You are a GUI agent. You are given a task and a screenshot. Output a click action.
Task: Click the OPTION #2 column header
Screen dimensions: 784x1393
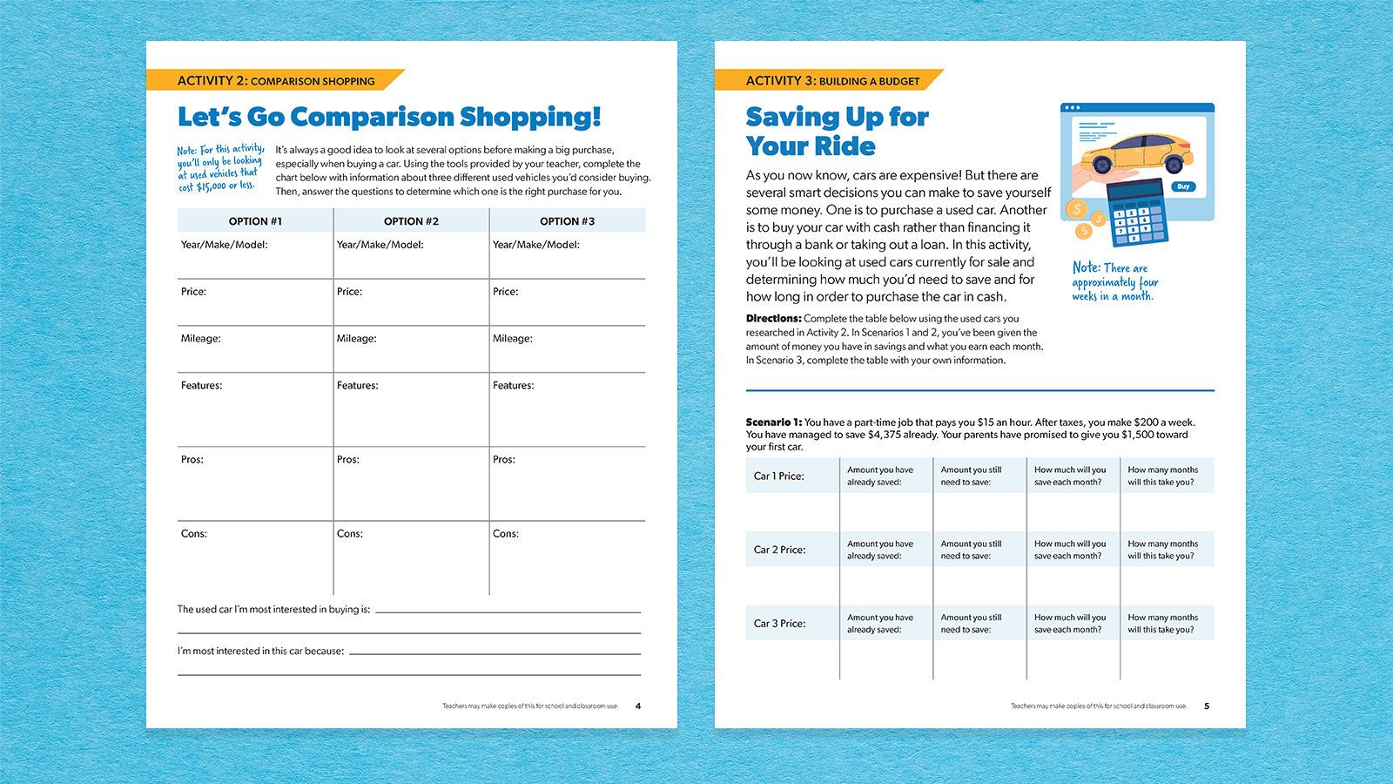[411, 221]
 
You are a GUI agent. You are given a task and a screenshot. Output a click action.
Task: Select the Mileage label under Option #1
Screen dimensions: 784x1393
[201, 339]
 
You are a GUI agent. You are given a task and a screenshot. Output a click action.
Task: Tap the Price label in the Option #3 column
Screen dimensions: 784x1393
[506, 292]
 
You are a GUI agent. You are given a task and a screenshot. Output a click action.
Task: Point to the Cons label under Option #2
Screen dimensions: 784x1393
[350, 534]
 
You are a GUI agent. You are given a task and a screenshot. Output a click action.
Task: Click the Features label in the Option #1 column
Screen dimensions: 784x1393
[202, 386]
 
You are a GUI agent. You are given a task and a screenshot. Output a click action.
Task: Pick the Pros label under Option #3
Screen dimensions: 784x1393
[504, 460]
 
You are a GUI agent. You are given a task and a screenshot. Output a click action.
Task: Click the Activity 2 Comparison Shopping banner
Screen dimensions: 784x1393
[276, 81]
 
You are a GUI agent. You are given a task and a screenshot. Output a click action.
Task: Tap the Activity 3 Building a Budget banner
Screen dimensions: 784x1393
[831, 81]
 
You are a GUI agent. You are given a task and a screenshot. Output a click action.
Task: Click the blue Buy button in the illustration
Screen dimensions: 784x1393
[1183, 186]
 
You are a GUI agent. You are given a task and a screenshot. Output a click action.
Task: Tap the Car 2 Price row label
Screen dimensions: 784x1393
[779, 551]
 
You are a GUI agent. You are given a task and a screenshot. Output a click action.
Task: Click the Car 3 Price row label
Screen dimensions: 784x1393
[779, 624]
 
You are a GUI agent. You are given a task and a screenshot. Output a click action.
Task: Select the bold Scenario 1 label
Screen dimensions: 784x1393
[774, 422]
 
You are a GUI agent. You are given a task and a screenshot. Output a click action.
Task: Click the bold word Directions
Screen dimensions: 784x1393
[773, 319]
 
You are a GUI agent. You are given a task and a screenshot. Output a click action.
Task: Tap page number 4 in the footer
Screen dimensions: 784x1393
[638, 706]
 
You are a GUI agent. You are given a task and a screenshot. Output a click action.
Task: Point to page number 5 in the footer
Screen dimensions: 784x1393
[1207, 706]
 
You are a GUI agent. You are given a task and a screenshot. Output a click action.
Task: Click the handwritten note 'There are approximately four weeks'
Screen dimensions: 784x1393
[1114, 281]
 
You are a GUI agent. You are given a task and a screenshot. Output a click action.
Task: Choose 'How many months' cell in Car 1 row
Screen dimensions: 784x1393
[1162, 476]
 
